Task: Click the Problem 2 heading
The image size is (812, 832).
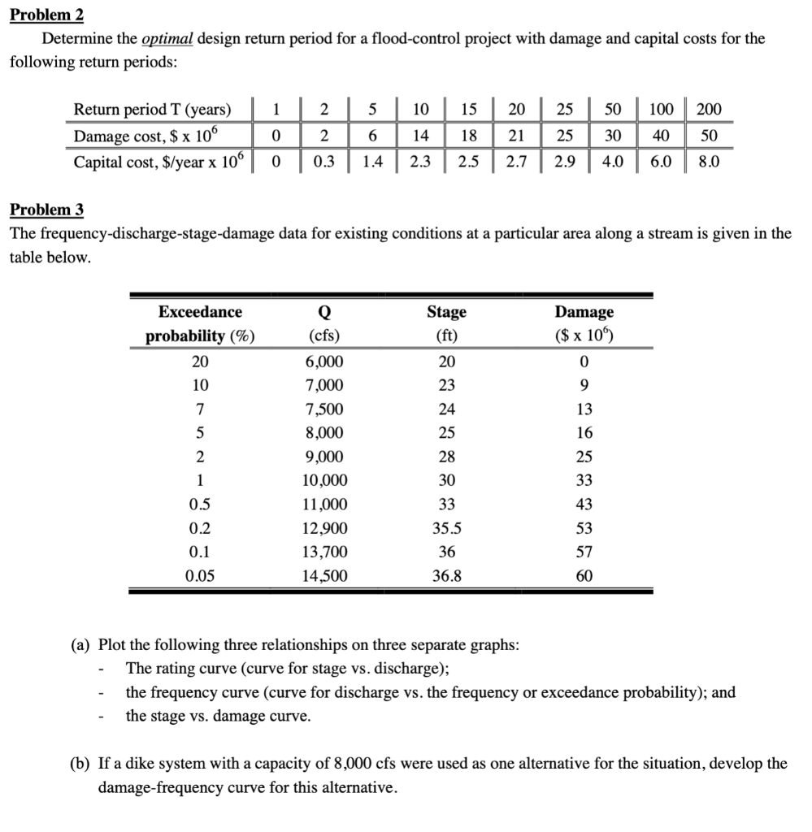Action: click(x=46, y=15)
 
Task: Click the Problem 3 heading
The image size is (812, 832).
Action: click(x=46, y=210)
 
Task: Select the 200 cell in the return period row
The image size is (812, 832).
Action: click(x=708, y=110)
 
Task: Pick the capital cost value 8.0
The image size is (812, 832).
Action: click(x=708, y=162)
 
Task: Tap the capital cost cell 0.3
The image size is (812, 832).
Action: click(x=323, y=162)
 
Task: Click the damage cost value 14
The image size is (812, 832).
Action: click(x=420, y=136)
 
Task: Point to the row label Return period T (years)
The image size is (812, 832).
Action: click(x=152, y=110)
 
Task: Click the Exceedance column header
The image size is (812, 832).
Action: click(x=200, y=312)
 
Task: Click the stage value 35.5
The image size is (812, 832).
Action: click(x=446, y=528)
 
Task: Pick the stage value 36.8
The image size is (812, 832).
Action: click(x=446, y=576)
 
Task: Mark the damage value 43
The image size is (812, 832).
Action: click(x=584, y=504)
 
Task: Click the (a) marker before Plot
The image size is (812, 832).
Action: click(x=80, y=645)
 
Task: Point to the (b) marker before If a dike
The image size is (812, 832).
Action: click(x=80, y=764)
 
